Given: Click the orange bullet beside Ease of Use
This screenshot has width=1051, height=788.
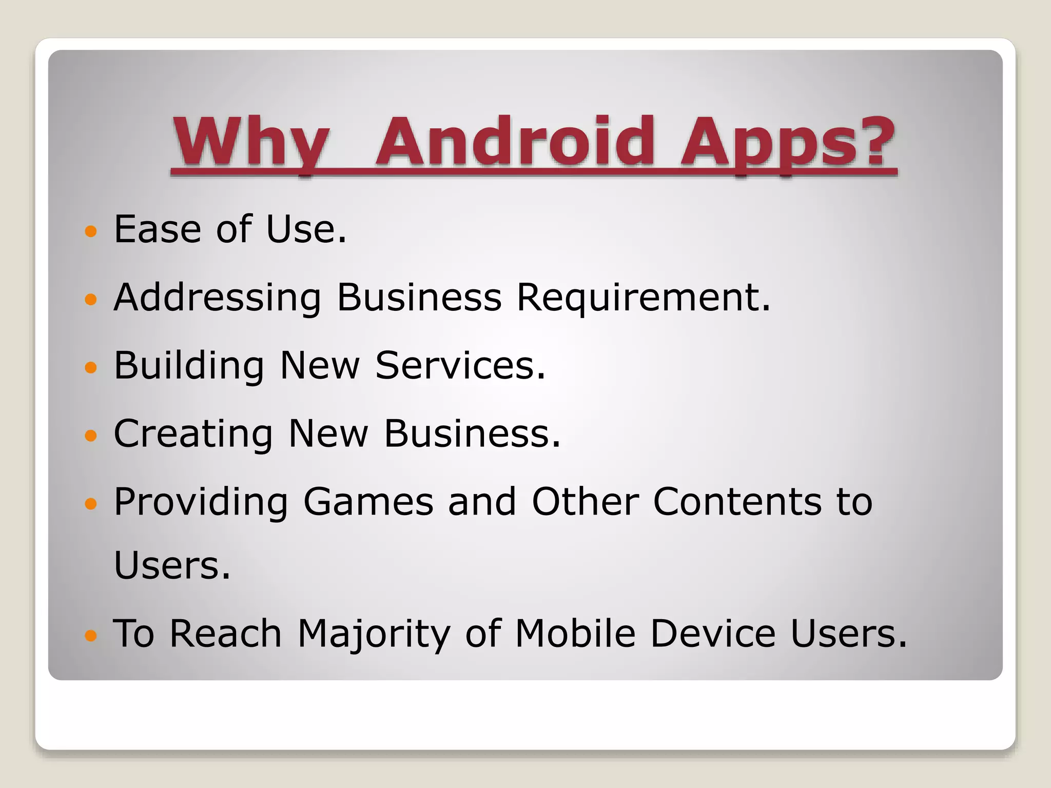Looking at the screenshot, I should coord(90,231).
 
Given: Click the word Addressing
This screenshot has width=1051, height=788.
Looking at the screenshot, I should coord(217,298).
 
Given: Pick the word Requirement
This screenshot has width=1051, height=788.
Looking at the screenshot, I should coord(644,298).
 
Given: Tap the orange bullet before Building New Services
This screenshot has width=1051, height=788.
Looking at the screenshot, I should coord(90,367).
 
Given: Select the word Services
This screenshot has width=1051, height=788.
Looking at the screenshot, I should coord(460,365).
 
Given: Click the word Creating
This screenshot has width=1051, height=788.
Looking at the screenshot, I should coord(193,434).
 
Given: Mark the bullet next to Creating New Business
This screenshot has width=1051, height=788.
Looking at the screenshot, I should coord(90,436).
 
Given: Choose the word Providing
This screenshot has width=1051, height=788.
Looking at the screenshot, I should coord(201,502).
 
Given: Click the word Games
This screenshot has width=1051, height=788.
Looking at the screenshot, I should coord(368,502).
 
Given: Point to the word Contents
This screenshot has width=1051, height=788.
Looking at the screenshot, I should coord(737,502).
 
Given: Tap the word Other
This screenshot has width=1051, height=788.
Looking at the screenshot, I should coord(586,502).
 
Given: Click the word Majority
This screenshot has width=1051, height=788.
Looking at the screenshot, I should coord(374,634).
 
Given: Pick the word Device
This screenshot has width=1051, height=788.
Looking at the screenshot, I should coord(713,633).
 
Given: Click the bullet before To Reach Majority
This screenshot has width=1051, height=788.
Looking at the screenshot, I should coord(90,636).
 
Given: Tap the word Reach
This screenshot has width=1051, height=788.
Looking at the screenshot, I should coord(225,633).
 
